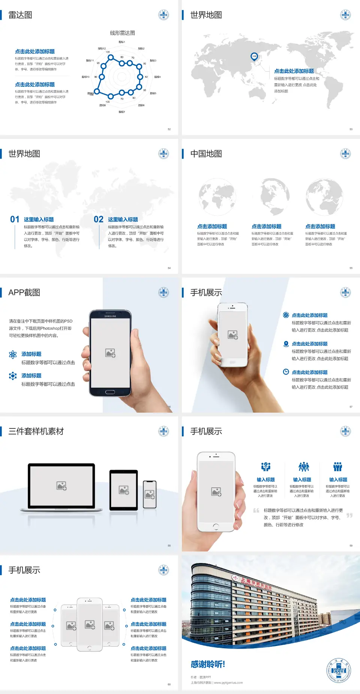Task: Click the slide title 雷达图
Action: click(20, 15)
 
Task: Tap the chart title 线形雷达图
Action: click(122, 33)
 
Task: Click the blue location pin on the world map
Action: click(254, 57)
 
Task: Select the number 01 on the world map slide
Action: click(15, 219)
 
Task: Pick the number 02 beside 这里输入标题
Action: click(99, 219)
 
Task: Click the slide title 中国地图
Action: click(206, 154)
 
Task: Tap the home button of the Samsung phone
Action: click(110, 392)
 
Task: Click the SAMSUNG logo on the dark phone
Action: click(110, 316)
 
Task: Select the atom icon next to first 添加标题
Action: click(13, 355)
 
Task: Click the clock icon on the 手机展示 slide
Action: click(286, 372)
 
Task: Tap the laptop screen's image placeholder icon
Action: click(61, 486)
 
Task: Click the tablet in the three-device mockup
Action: click(124, 490)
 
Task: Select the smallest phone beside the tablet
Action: click(150, 494)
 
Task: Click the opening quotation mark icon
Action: click(256, 511)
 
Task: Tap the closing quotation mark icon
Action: click(349, 515)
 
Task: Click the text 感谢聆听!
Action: click(208, 664)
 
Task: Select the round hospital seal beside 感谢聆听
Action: click(339, 670)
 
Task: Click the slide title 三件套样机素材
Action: click(36, 431)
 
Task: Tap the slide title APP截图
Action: click(24, 293)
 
